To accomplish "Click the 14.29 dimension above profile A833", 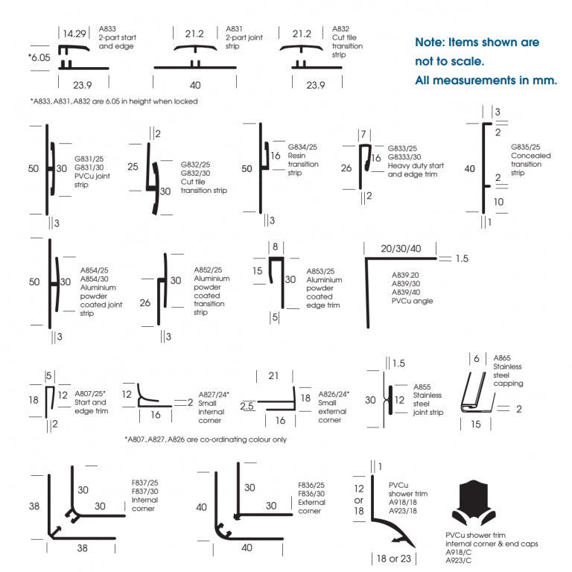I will point(74,34).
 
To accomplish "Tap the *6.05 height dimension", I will point(39,57).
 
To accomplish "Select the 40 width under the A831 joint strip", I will point(195,85).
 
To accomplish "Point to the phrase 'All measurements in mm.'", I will point(486,80).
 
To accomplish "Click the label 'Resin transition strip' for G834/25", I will point(303,160).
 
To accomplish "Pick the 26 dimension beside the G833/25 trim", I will point(346,168).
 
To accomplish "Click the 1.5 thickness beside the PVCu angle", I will point(462,258).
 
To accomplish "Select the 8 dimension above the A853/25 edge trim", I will point(275,246).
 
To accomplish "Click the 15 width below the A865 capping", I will point(475,425).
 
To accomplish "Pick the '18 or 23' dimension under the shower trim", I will point(395,557).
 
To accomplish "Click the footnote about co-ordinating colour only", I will point(205,439).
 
